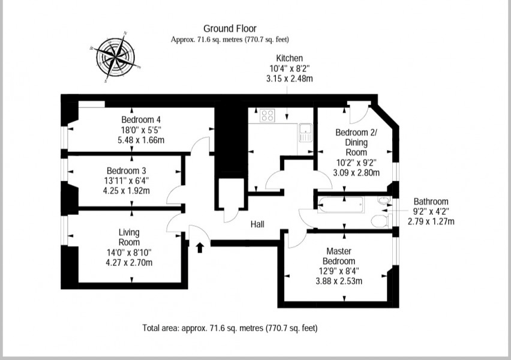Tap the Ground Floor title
point(230,28)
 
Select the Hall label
point(258,224)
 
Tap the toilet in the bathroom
point(379,222)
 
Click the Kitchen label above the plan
point(289,58)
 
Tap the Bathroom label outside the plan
point(431,202)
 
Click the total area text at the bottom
point(230,328)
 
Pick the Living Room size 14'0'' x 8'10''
point(129,252)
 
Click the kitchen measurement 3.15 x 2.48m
point(289,79)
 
